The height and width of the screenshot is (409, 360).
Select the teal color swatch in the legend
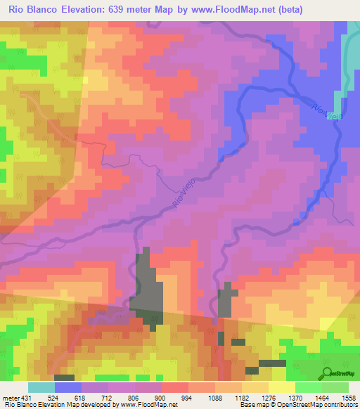[41, 387]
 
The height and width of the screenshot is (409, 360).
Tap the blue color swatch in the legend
[67, 387]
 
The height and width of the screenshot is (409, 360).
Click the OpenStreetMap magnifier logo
[328, 372]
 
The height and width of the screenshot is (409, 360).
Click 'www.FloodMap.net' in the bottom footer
[150, 405]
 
